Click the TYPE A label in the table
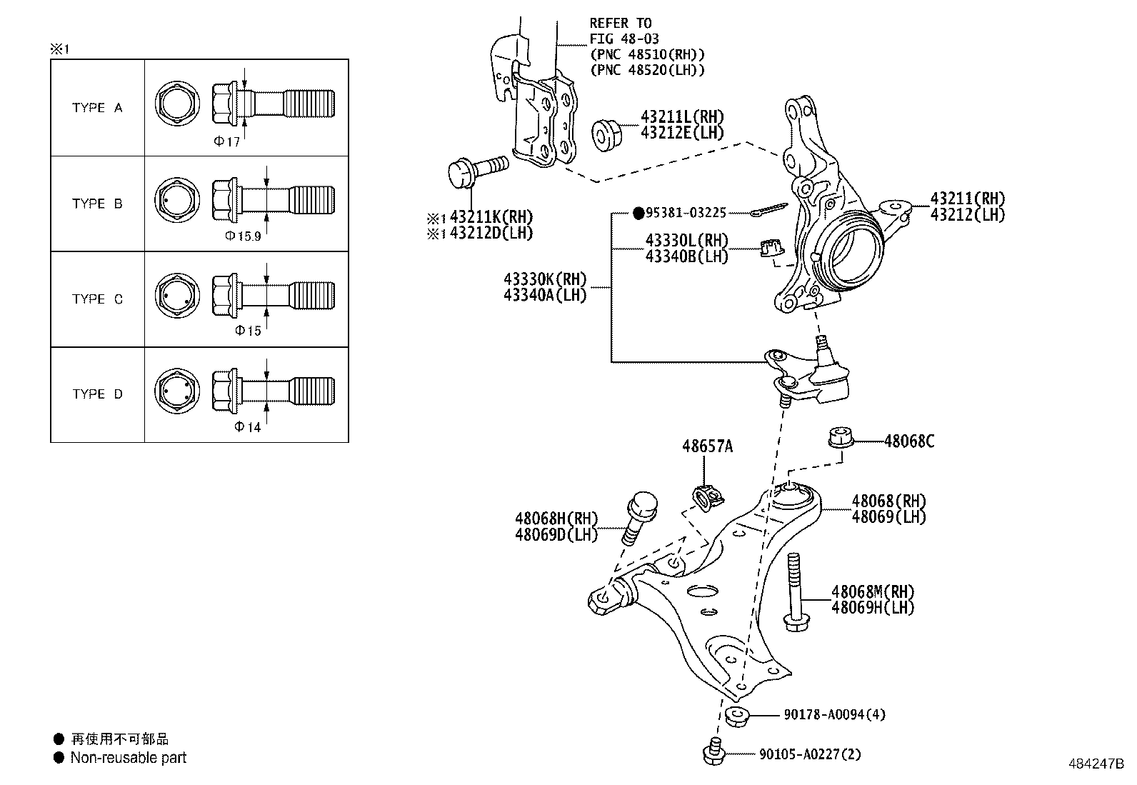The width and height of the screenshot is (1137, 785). [x=97, y=108]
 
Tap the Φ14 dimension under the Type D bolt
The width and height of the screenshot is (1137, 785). [x=248, y=427]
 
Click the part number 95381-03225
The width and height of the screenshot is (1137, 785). [x=686, y=213]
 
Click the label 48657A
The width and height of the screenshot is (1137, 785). [x=707, y=446]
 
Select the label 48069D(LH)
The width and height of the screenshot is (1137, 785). [x=556, y=534]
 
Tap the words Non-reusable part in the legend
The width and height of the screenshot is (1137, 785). [x=128, y=758]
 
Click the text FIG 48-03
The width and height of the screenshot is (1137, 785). [x=624, y=39]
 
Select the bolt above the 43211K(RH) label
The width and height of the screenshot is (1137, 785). [x=477, y=171]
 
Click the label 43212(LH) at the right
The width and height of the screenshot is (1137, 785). [x=967, y=214]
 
